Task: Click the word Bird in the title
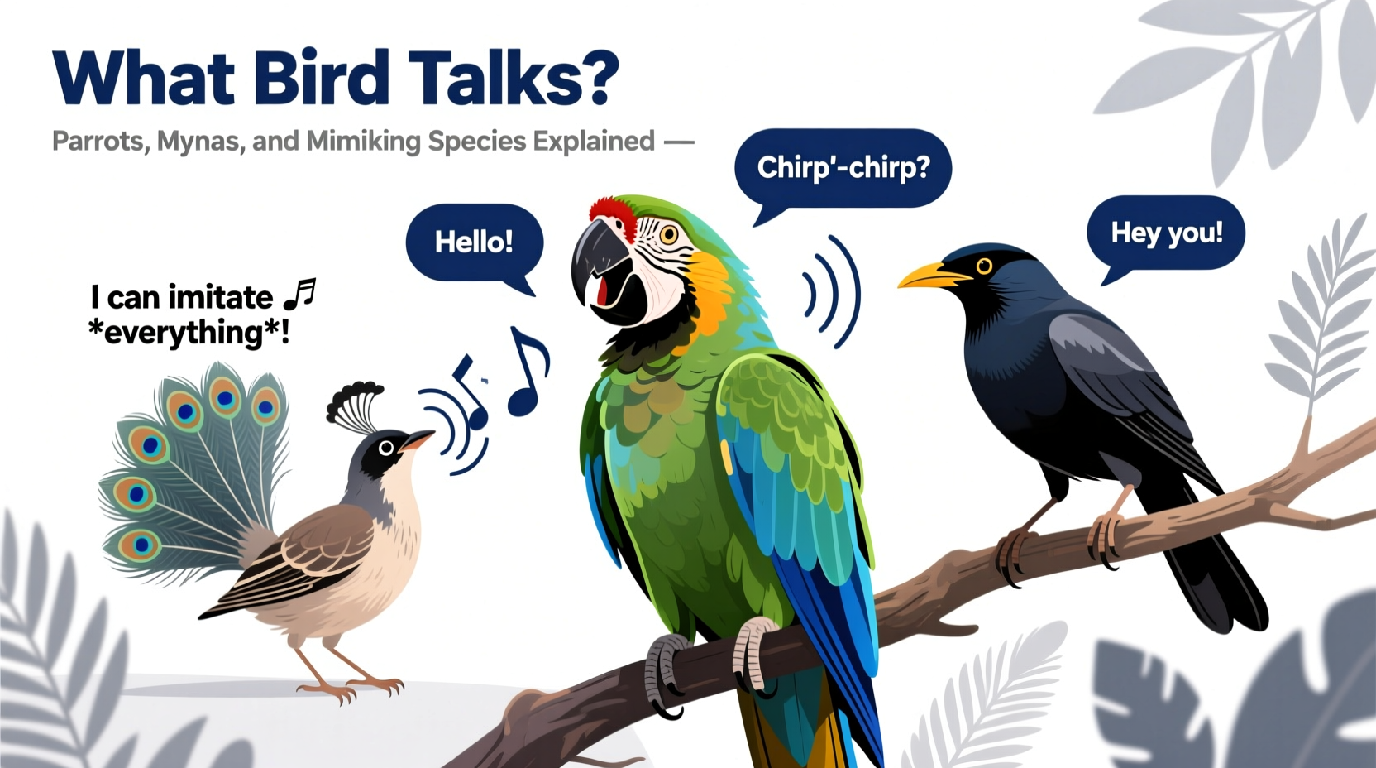pos(321,77)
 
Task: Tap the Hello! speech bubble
pos(474,242)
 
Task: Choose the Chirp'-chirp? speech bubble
pos(843,168)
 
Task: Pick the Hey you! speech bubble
pos(1166,233)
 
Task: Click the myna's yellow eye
pos(984,266)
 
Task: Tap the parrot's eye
pos(668,235)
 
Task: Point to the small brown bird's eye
pos(385,448)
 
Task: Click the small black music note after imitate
pos(299,293)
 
